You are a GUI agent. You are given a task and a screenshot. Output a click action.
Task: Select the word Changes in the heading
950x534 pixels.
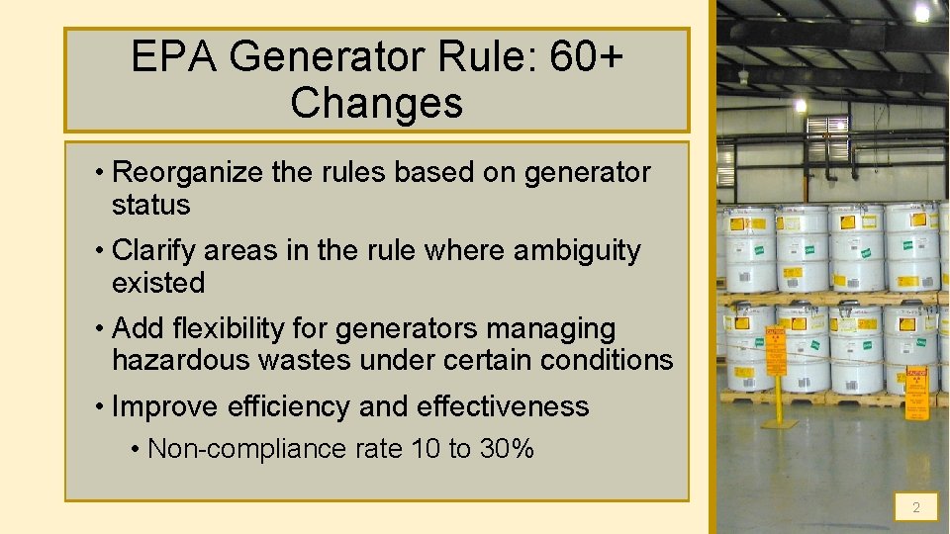coord(376,103)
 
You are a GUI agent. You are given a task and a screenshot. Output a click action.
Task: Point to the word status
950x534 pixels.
coord(150,205)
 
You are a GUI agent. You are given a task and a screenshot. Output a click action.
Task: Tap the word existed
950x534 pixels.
coord(158,283)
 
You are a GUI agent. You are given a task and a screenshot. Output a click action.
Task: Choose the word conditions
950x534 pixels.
coord(607,360)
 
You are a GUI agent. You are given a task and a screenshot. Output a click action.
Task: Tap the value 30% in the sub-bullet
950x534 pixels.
coord(507,449)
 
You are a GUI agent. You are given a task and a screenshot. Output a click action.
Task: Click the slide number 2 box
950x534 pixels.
coord(915,507)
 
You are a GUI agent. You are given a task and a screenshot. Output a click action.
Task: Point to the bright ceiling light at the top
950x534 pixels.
coord(921,12)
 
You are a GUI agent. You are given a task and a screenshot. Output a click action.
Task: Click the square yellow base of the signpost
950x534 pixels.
coord(778,423)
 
